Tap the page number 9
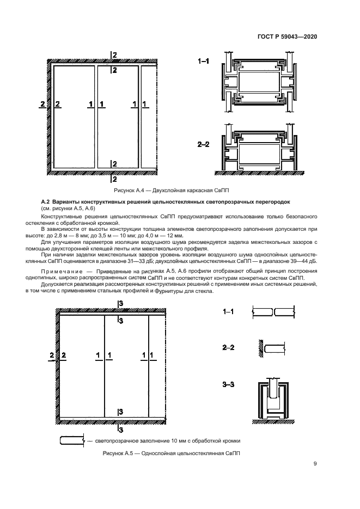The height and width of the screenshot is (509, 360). point(315,464)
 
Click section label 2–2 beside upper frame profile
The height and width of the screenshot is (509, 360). point(203,145)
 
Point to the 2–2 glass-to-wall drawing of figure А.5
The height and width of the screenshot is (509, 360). point(272,347)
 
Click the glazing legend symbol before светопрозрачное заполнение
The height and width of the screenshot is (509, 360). point(71,440)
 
